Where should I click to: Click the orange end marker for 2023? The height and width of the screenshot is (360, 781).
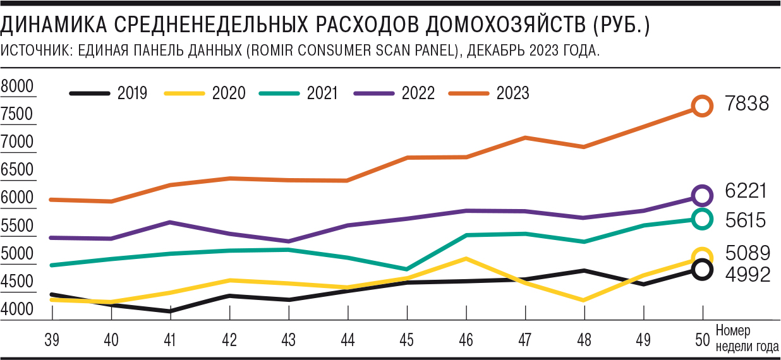click(702, 106)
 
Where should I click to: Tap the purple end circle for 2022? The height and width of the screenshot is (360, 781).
click(702, 196)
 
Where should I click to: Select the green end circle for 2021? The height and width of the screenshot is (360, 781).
click(702, 219)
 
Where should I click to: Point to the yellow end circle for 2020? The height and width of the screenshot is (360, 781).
click(702, 256)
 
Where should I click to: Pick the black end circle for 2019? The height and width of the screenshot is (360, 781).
click(702, 269)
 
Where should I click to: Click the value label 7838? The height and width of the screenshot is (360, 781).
click(747, 104)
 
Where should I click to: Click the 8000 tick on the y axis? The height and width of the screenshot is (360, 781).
click(18, 87)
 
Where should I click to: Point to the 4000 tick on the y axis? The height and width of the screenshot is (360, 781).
click(18, 309)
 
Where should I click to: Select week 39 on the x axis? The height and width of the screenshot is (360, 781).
click(52, 340)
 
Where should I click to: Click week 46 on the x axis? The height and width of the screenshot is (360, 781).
click(466, 340)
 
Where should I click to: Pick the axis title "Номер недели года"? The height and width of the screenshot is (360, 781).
click(747, 337)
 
